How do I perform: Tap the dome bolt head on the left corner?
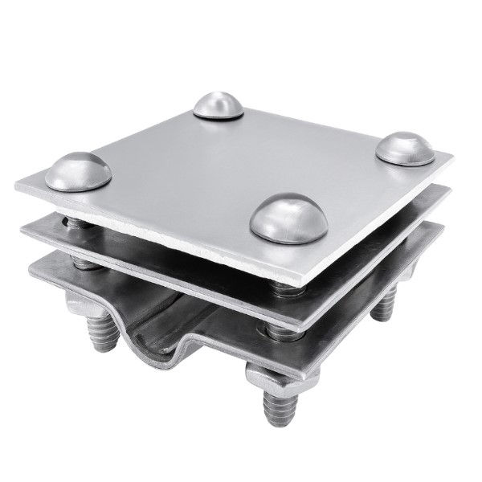click(78, 171)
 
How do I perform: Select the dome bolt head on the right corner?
click(404, 149)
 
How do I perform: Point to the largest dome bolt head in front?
click(288, 217)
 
